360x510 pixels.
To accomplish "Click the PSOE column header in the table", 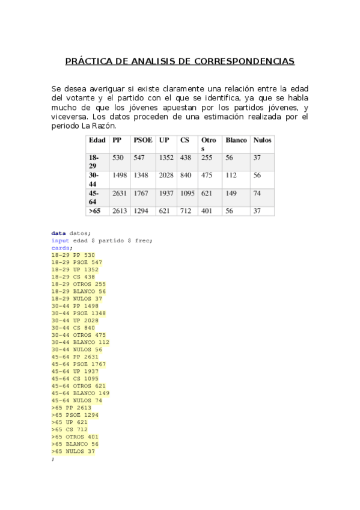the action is pos(142,140).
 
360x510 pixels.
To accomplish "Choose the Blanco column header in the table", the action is pos(236,140).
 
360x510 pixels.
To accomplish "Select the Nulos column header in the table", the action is pos(262,140).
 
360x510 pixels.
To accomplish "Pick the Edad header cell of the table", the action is pos(97,140).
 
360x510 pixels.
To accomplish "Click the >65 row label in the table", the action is pos(94,211).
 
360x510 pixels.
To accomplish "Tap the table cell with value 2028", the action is pos(166,175).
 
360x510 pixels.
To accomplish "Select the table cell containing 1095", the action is pos(188,193).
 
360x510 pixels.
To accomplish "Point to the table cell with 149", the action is pos(231,193).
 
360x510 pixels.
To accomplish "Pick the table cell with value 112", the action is pos(231,175).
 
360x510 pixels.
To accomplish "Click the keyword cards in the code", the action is pos(60,248).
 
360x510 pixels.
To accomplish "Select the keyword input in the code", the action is pos(60,241).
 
